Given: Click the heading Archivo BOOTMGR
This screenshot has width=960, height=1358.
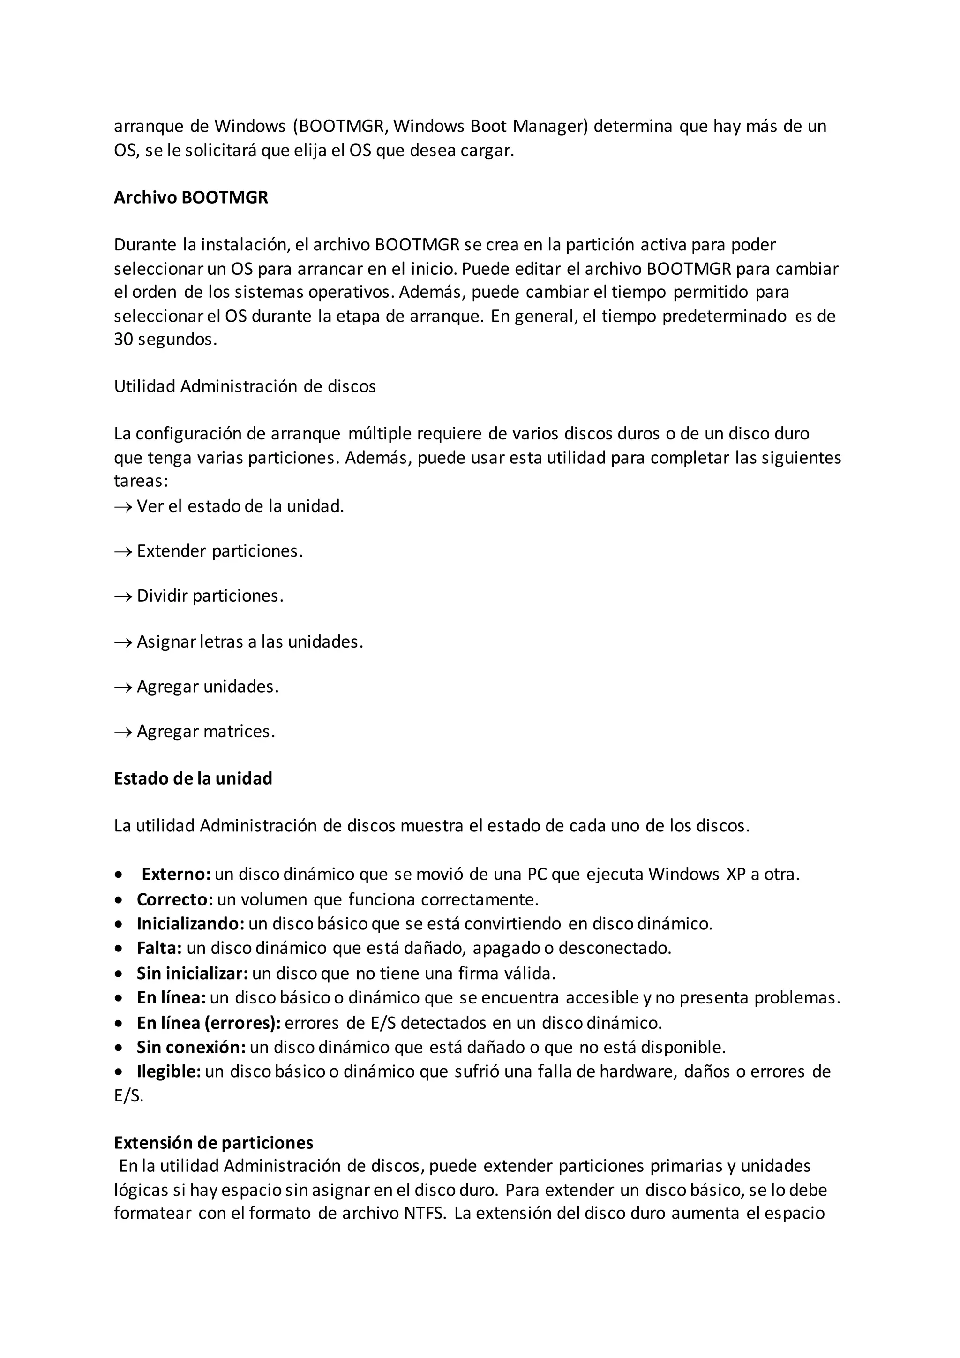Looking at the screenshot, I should (x=190, y=197).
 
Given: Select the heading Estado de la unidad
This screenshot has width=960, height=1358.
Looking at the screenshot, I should (x=193, y=778).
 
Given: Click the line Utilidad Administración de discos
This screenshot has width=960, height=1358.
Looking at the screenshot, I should (x=245, y=386).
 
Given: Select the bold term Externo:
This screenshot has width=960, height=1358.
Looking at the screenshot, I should (x=176, y=874).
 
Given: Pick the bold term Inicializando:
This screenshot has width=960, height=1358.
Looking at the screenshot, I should (x=190, y=923).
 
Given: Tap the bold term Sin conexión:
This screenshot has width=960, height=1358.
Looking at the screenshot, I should (x=191, y=1047).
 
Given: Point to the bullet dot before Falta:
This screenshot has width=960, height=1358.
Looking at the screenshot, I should (x=120, y=949).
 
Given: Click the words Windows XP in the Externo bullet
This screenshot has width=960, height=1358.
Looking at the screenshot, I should (x=697, y=874).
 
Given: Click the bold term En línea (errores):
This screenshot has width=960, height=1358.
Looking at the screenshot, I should (x=209, y=1023).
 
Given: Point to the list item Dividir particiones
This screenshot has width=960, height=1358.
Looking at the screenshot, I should (x=210, y=596).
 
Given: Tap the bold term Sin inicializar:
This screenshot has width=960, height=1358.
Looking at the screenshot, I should (x=192, y=973).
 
